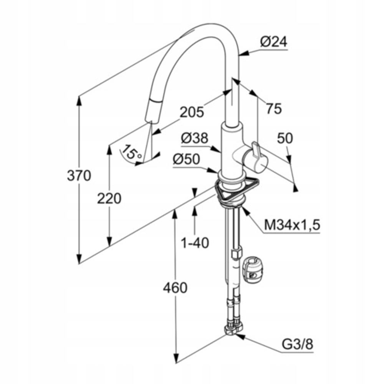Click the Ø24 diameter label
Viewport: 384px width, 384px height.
click(x=273, y=42)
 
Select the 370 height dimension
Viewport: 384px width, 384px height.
click(x=79, y=176)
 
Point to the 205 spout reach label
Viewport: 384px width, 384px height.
click(x=192, y=112)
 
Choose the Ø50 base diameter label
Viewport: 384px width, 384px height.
click(x=186, y=159)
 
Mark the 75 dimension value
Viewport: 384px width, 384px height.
click(x=274, y=109)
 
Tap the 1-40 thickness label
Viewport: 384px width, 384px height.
click(x=195, y=242)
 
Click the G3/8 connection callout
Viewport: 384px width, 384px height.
click(x=297, y=344)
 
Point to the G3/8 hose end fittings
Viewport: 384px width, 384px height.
click(x=234, y=328)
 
